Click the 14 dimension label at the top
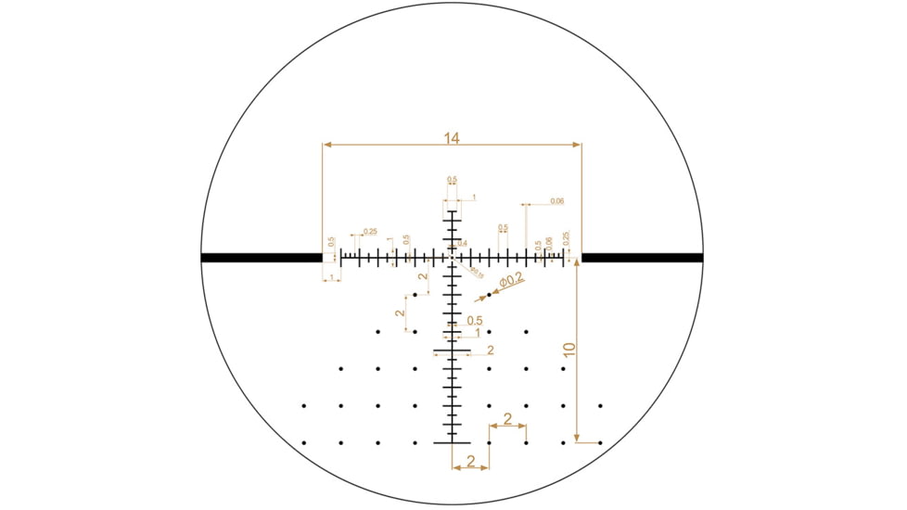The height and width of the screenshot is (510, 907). tap(452, 139)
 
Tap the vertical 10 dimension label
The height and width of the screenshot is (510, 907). tap(569, 350)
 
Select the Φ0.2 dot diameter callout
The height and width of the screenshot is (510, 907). tap(511, 279)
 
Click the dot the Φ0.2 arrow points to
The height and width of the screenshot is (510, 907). tap(489, 295)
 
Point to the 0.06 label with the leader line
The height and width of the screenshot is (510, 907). tap(556, 201)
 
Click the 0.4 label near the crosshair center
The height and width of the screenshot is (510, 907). tap(462, 244)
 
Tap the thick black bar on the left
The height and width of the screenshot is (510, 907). tap(261, 258)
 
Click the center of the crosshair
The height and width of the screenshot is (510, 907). tap(452, 258)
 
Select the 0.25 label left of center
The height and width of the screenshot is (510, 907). tap(370, 231)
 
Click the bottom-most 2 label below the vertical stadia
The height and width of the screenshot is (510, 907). tap(470, 461)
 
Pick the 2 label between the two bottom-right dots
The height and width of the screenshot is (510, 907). tap(507, 418)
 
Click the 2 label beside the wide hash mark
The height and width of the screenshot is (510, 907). tap(490, 351)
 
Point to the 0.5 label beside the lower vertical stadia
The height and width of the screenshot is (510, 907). tap(474, 321)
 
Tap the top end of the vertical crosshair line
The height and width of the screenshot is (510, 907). tap(452, 212)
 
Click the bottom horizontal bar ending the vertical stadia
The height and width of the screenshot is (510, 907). tap(452, 442)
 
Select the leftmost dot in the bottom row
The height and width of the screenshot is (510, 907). tap(303, 443)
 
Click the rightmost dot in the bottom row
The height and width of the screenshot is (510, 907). tap(600, 443)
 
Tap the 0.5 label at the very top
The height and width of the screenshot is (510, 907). tap(452, 180)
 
